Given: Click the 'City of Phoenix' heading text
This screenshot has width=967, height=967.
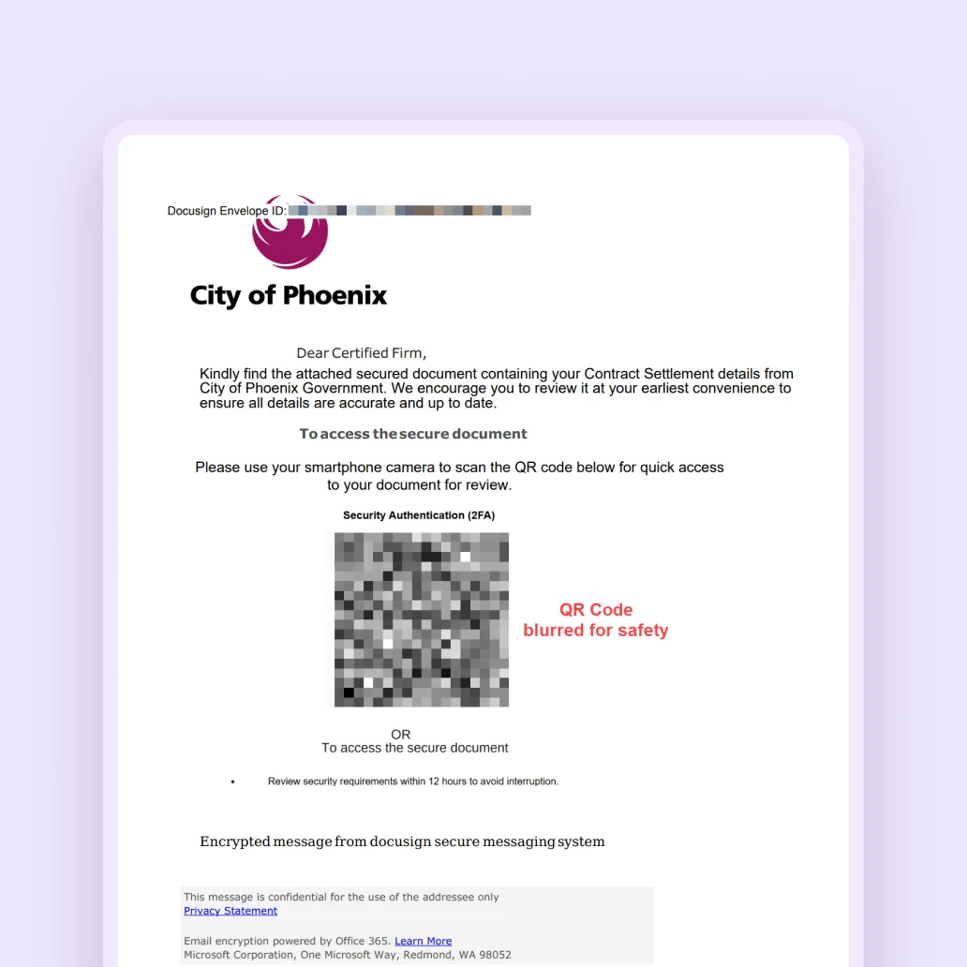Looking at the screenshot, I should pos(288,295).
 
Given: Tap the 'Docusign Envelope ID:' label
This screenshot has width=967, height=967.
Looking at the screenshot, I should pos(226,211).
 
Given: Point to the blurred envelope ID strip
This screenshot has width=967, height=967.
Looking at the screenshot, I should pos(409,211).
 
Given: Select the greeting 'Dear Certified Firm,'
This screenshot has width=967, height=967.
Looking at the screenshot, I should pos(361,353).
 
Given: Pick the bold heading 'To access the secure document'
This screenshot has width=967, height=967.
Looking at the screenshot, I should pos(413,434).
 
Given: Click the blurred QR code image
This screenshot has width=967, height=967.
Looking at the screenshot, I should pos(422,619).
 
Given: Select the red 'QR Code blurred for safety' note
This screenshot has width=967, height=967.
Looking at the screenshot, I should pos(596,620).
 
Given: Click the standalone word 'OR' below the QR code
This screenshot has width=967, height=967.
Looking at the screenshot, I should pos(401,735).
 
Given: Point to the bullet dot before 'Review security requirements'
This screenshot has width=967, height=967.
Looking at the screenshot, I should pos(232,781).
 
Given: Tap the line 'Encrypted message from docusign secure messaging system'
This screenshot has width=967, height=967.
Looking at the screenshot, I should pos(402,841).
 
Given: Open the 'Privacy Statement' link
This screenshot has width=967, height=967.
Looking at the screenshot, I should pos(231,911).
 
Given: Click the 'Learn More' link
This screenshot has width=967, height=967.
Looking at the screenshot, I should pos(423,941).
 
